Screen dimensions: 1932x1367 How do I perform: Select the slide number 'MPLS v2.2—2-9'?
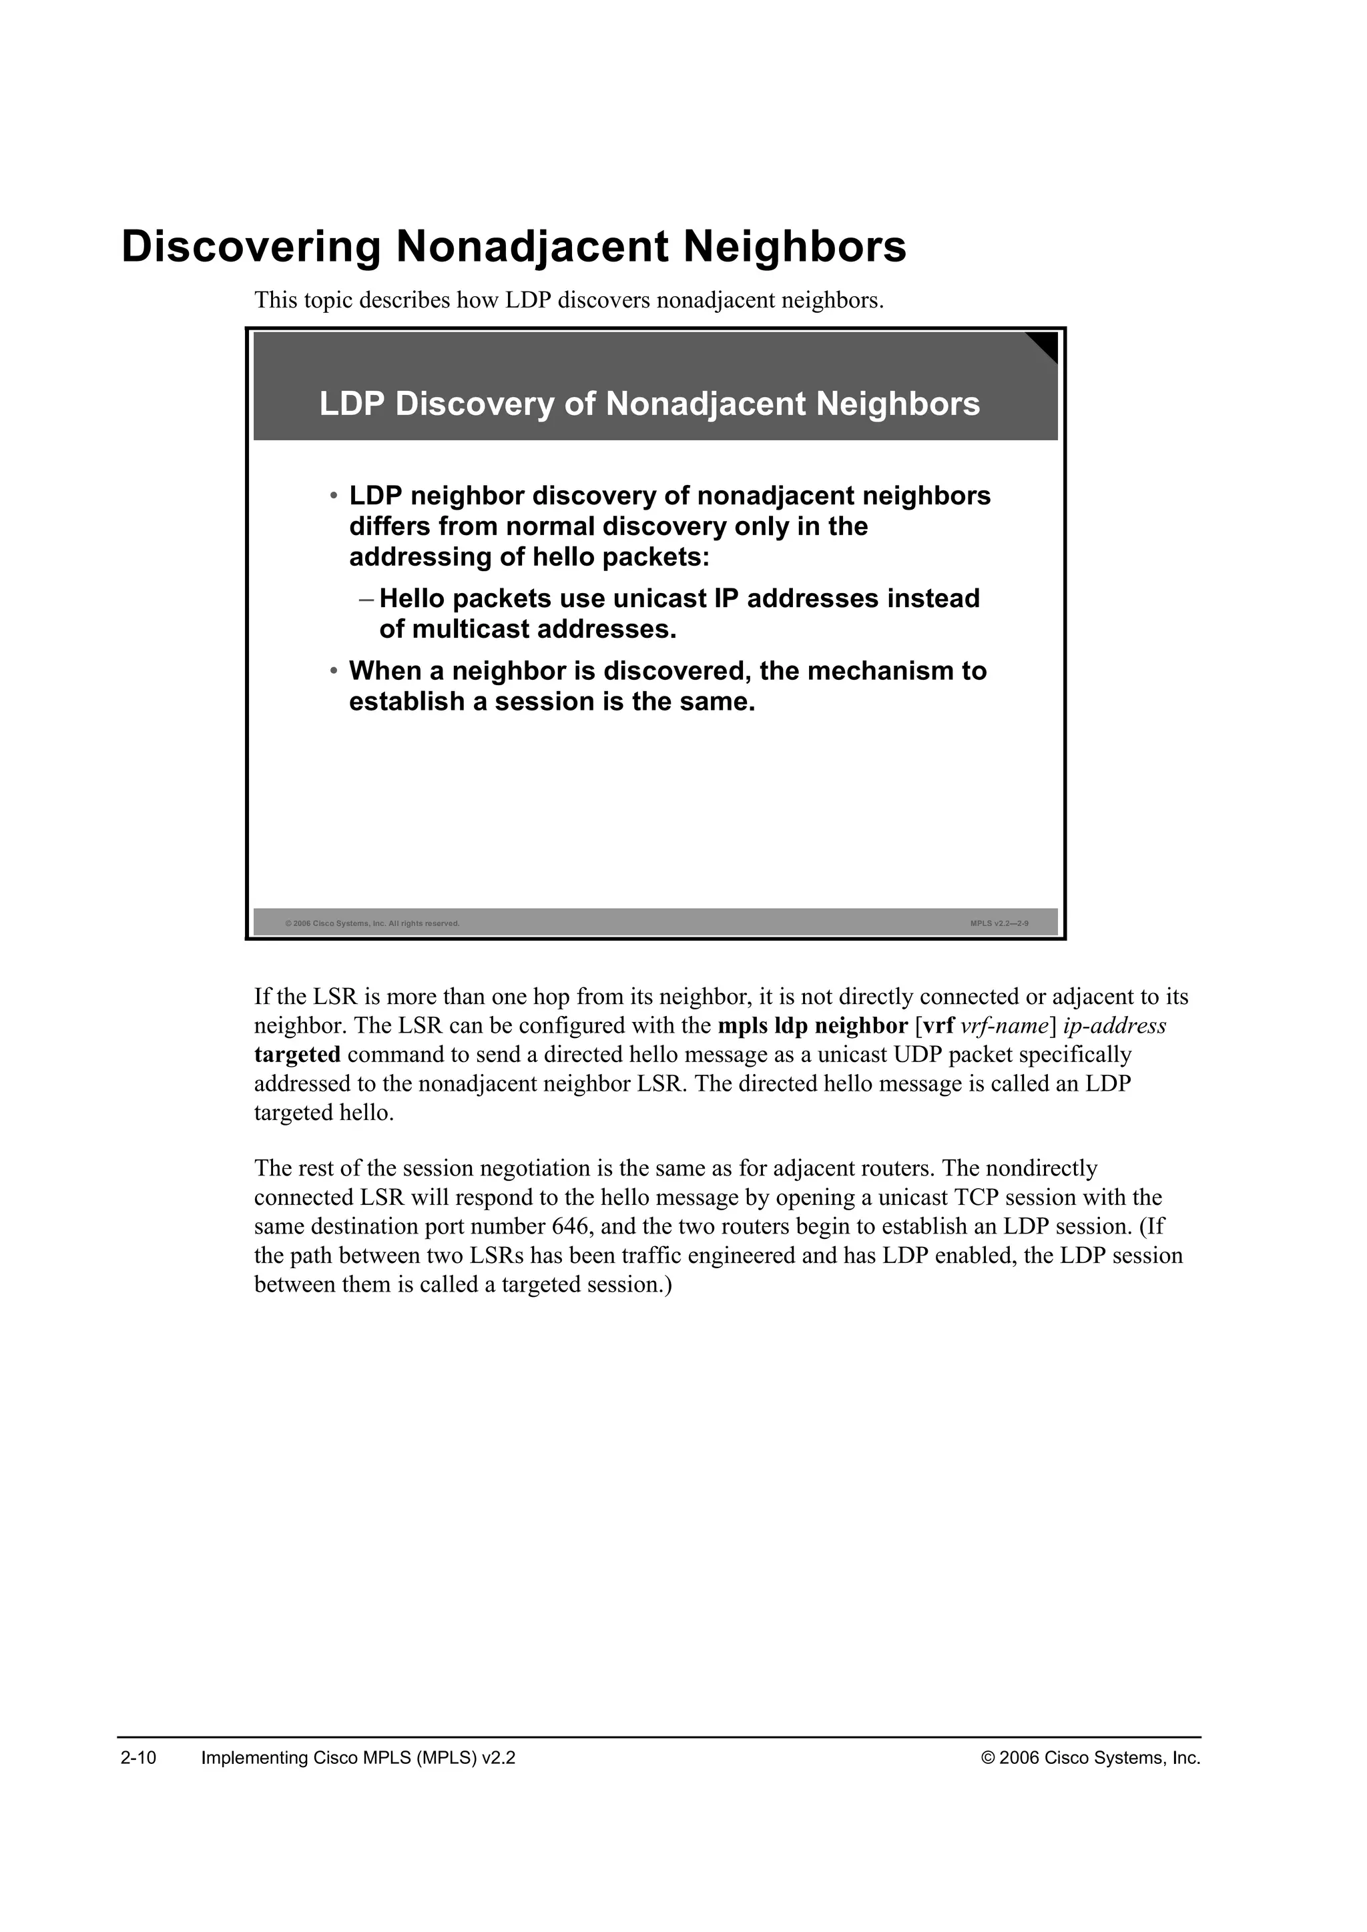(x=999, y=923)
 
